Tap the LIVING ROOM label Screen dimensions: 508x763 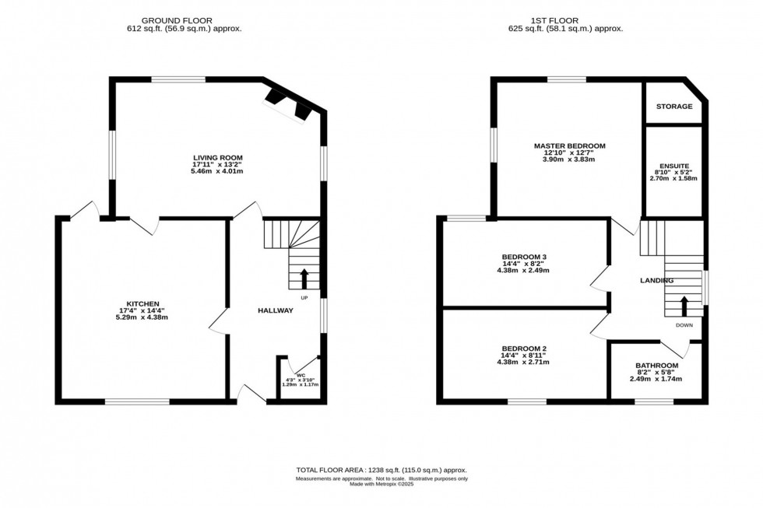(x=218, y=158)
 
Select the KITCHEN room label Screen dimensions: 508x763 (x=143, y=303)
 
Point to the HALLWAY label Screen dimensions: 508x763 (x=276, y=311)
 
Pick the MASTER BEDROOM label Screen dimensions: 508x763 (x=569, y=145)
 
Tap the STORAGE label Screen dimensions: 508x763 (x=673, y=107)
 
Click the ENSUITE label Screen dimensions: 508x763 (x=673, y=166)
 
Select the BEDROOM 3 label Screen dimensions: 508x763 (x=525, y=258)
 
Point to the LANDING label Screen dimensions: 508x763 (x=656, y=281)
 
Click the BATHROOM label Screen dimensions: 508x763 (x=656, y=366)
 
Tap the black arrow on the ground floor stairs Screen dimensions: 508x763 (x=304, y=278)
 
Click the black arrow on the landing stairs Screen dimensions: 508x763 (x=684, y=304)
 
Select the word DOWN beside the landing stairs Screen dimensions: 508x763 (x=684, y=325)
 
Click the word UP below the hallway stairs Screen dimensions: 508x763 (x=304, y=297)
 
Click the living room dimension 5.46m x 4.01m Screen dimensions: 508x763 (x=218, y=171)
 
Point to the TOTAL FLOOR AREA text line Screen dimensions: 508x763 (x=381, y=471)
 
